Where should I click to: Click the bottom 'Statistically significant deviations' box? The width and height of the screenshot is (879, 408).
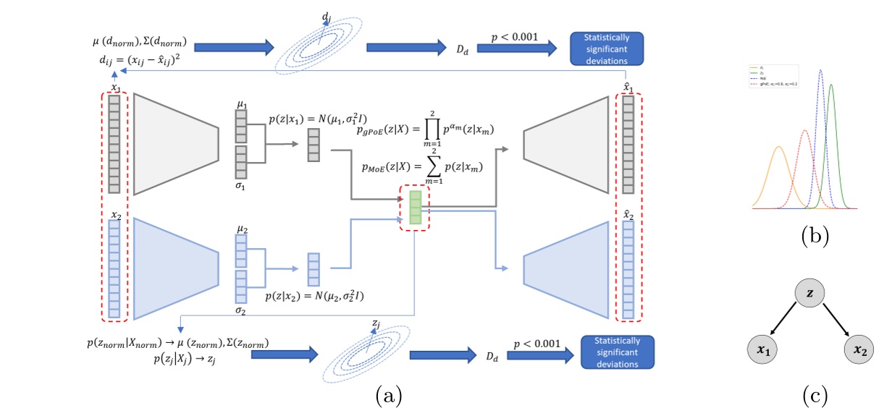click(617, 352)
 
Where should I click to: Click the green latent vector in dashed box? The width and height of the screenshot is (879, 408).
click(415, 207)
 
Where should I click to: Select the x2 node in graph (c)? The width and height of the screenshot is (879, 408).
click(859, 352)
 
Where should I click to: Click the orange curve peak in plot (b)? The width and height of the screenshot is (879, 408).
click(779, 148)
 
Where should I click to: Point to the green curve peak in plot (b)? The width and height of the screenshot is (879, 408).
click(830, 85)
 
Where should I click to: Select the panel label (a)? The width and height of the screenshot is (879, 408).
click(387, 395)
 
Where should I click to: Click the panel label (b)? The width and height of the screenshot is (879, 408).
click(814, 235)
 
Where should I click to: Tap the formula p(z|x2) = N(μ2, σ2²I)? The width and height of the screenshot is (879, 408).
click(315, 297)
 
